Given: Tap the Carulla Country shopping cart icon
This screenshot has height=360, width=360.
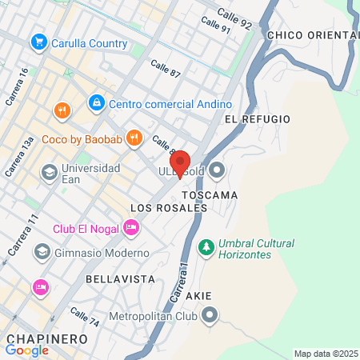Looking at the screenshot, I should click(x=38, y=42).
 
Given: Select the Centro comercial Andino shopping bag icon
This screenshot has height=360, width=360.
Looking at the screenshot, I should click(x=96, y=103).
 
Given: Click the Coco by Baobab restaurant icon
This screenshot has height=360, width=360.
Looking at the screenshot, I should click(x=134, y=137).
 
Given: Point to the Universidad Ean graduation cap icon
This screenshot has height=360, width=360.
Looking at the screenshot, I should click(x=49, y=171).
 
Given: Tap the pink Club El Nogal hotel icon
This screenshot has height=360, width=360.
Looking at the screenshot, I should click(x=132, y=229).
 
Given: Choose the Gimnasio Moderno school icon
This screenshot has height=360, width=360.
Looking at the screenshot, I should click(x=41, y=252).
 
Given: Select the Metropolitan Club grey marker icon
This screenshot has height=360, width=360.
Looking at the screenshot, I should click(x=210, y=316).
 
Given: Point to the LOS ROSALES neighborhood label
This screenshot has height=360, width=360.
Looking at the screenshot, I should click(x=168, y=208).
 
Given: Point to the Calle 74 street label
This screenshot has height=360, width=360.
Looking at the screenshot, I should click(x=85, y=317).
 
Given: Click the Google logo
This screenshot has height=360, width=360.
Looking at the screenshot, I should click(x=27, y=350).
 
